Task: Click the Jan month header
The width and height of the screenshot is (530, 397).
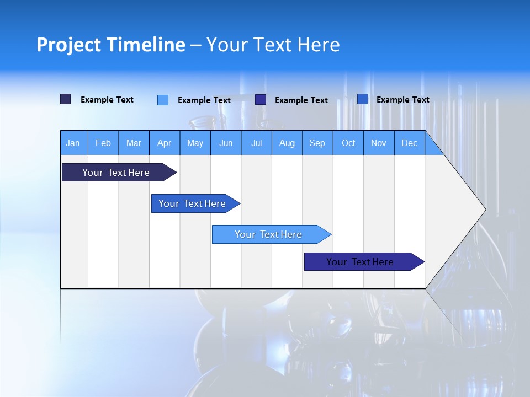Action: click(73, 143)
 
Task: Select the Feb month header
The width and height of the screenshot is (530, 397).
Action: click(103, 143)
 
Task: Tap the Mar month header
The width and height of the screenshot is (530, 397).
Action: click(134, 143)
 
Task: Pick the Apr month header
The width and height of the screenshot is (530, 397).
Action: click(164, 143)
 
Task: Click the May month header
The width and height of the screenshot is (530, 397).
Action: click(195, 143)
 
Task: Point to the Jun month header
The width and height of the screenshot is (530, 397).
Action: click(226, 143)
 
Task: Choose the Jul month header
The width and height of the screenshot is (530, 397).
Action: click(256, 143)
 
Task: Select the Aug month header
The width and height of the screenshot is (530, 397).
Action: click(287, 143)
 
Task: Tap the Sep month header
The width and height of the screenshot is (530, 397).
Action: click(317, 143)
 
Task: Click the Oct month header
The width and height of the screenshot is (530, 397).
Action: click(348, 143)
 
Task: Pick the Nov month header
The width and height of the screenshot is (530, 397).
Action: click(379, 143)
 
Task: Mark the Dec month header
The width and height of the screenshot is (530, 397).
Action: click(410, 143)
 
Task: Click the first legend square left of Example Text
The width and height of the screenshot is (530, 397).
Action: click(66, 99)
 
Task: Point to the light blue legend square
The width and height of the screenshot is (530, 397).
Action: click(163, 100)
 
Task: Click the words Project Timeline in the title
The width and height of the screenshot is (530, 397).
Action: click(111, 45)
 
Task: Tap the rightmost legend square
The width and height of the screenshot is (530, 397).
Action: click(363, 99)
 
